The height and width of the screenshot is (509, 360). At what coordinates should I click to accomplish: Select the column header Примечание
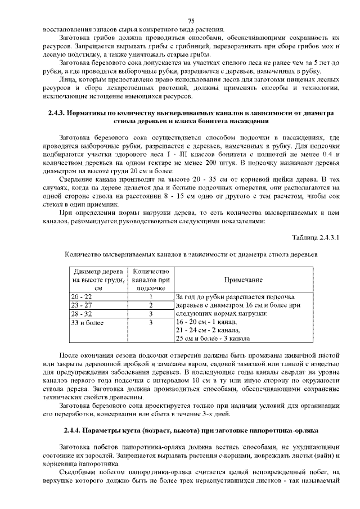[x=243, y=280]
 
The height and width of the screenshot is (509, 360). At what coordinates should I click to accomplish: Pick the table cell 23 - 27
[x=81, y=305]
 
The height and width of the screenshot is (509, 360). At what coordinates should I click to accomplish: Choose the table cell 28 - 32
[x=81, y=314]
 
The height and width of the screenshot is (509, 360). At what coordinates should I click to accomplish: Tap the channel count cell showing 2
[x=151, y=305]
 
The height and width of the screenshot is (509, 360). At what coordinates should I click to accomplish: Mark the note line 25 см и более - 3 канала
[x=213, y=339]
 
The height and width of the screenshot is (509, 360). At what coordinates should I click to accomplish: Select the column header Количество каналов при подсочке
[x=151, y=280]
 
